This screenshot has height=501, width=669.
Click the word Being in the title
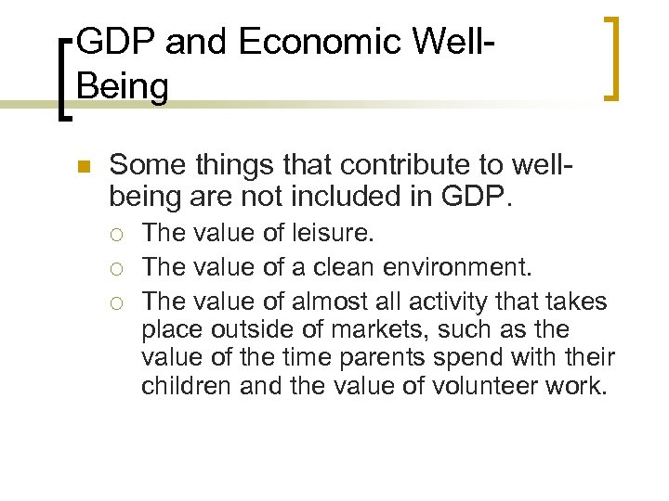124,87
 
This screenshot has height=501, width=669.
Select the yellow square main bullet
81,168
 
